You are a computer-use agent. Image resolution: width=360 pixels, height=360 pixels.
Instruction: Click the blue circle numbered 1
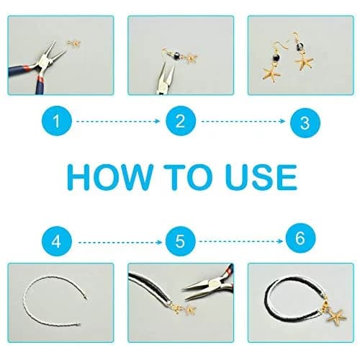(x=57, y=121)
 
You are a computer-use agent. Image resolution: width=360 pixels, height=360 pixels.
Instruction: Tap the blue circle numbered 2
(x=181, y=121)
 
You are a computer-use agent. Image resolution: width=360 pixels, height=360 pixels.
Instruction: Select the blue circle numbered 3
(x=305, y=123)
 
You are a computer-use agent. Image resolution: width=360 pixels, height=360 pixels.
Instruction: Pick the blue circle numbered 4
(x=57, y=241)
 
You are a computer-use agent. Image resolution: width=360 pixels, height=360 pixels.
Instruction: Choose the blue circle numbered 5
(x=181, y=241)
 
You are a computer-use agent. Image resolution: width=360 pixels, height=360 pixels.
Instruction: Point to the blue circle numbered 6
(x=301, y=238)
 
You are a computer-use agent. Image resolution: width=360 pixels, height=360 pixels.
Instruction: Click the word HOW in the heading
(x=110, y=177)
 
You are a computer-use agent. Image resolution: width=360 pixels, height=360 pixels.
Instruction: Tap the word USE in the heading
(x=261, y=177)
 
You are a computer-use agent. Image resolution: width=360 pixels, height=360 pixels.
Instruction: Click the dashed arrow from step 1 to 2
(x=118, y=122)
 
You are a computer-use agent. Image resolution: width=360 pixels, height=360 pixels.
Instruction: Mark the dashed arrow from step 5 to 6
(x=241, y=241)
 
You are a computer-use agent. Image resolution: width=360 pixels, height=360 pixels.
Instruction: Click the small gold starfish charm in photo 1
(x=73, y=43)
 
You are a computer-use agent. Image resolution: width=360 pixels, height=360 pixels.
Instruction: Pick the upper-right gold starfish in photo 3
(x=304, y=62)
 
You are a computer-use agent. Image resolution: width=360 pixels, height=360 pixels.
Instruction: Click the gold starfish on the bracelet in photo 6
(x=336, y=317)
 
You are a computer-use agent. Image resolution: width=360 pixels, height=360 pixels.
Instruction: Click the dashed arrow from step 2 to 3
(x=243, y=122)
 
